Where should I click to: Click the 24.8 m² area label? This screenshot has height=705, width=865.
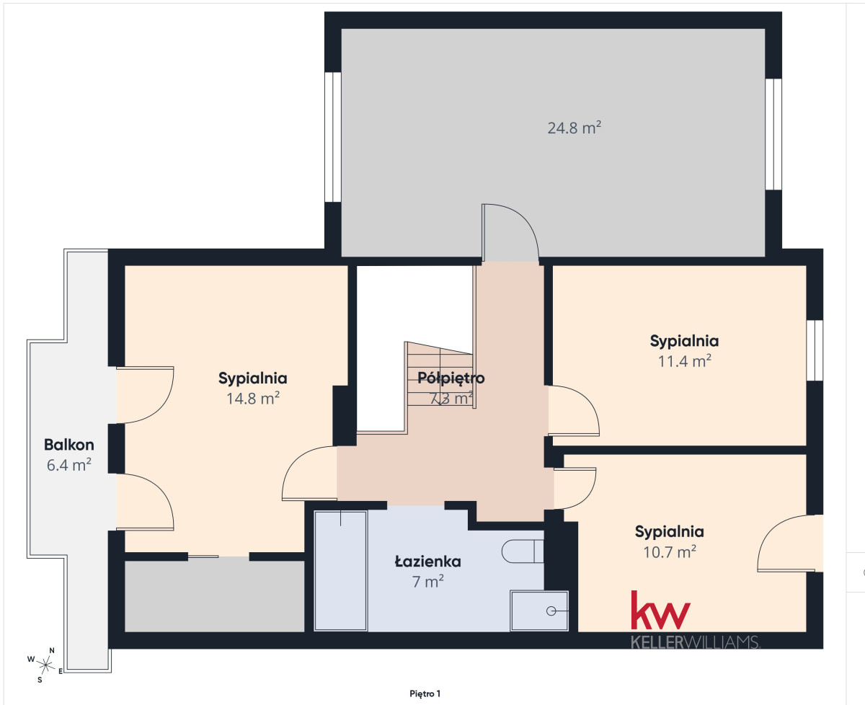574,128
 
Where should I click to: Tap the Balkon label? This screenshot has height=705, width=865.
69,445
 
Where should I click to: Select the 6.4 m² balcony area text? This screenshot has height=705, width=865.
69,465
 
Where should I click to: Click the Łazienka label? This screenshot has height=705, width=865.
427,562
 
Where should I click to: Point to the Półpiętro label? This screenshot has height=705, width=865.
451,378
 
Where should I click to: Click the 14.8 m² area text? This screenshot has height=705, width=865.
253,399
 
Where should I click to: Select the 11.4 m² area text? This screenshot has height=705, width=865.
684,361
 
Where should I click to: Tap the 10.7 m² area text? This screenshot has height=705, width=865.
670,552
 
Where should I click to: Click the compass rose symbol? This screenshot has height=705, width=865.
45,665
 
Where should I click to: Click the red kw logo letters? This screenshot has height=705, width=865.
660,610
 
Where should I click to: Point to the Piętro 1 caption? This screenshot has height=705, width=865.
425,693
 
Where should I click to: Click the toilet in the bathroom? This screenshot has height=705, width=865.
523,551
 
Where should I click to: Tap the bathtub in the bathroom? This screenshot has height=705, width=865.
341,571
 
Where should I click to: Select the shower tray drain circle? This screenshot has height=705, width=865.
551,611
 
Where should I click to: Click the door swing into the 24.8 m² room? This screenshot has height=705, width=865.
510,232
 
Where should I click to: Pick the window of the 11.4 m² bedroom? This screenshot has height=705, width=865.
815,350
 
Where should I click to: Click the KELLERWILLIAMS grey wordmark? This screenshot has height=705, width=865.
695,642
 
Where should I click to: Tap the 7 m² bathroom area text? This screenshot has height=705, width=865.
427,582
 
